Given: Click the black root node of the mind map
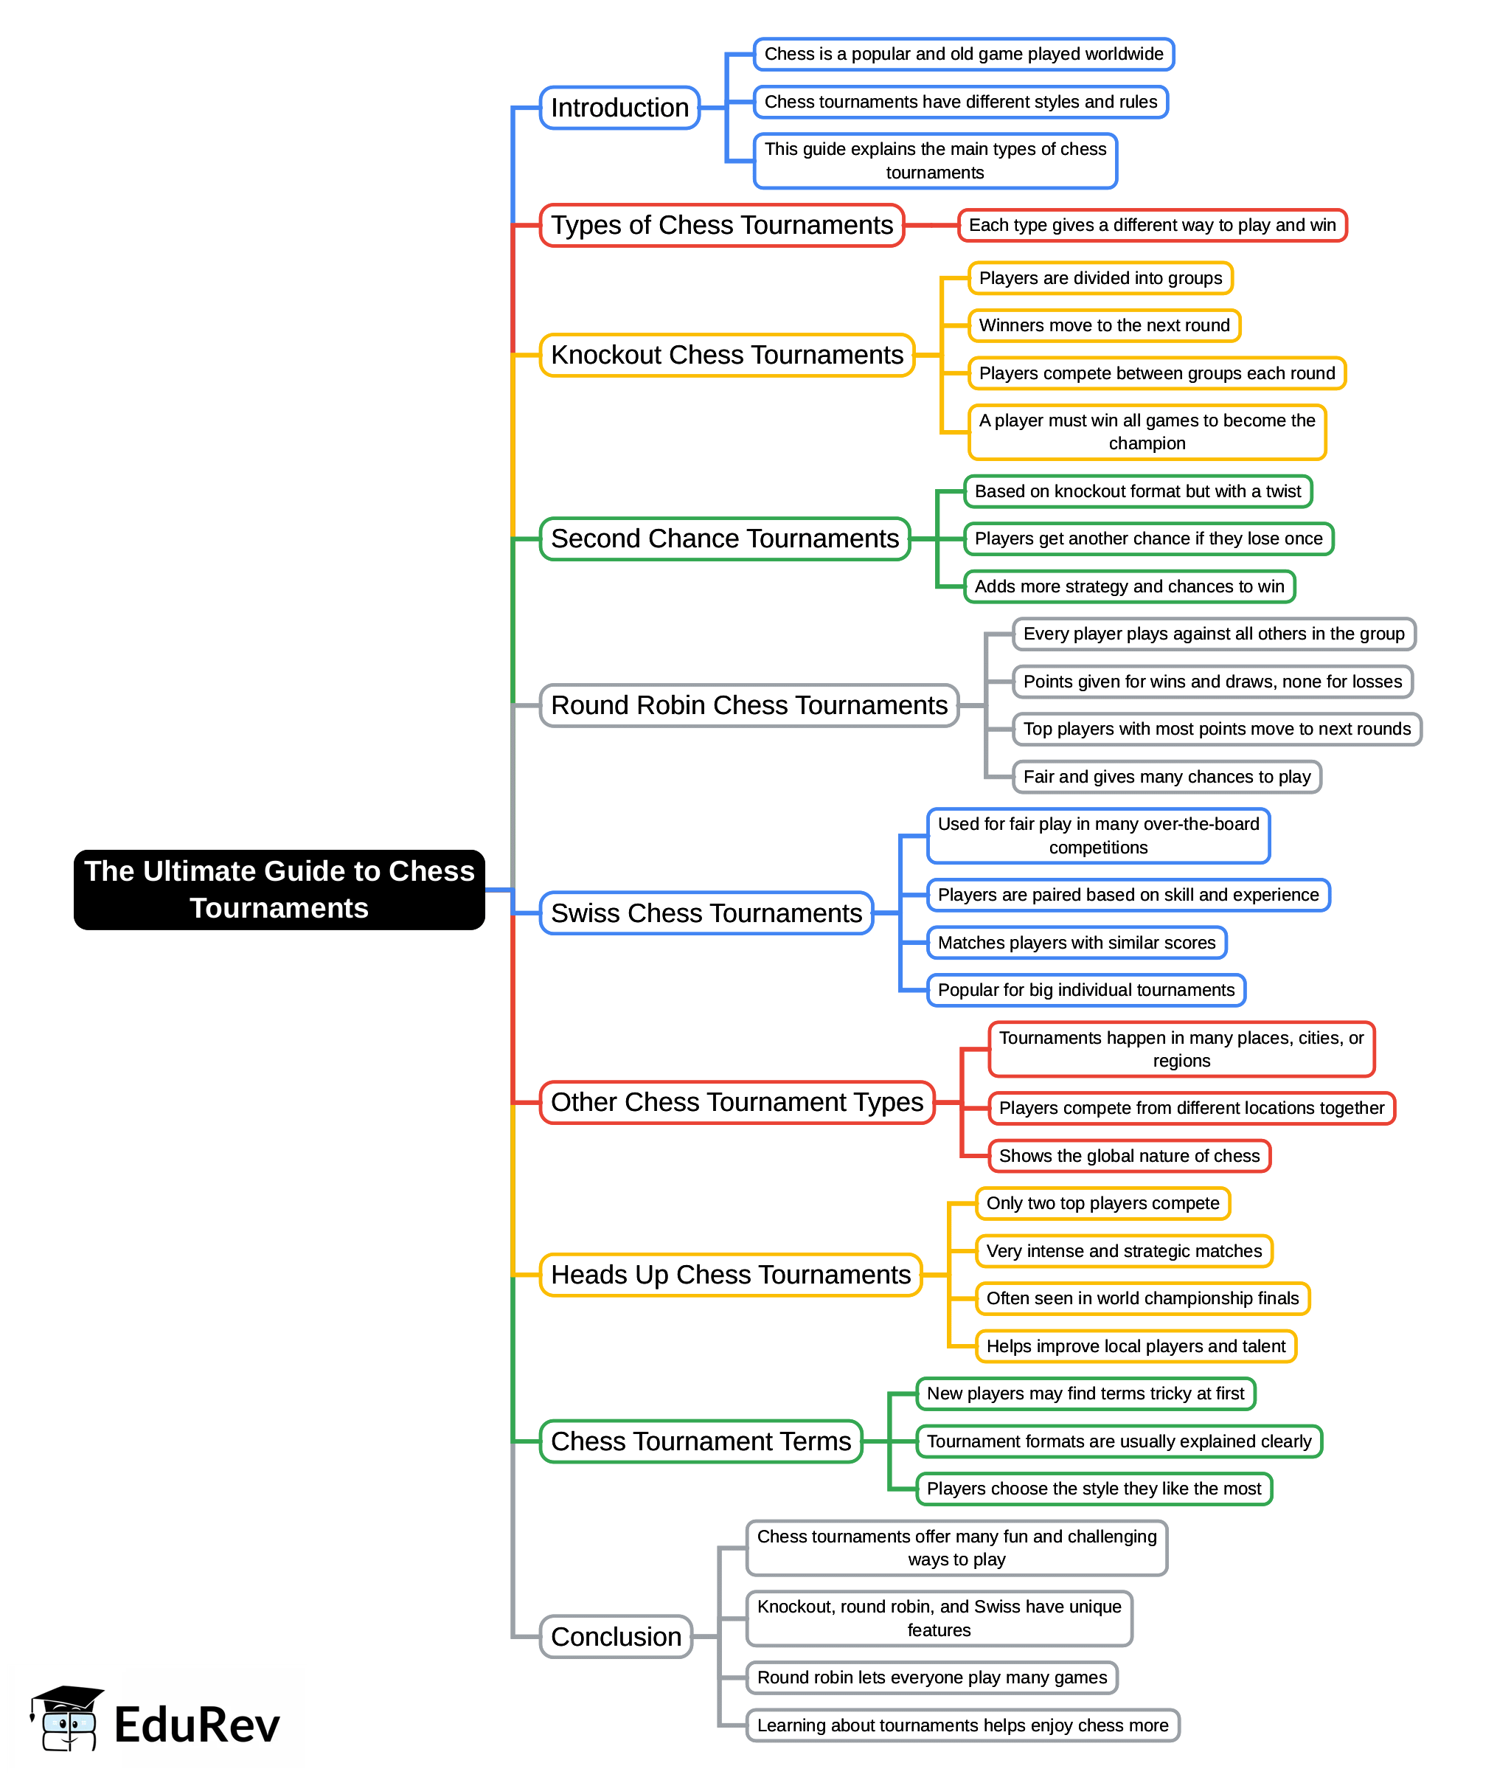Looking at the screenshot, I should pyautogui.click(x=279, y=889).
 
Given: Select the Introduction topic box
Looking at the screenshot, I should pyautogui.click(x=619, y=108).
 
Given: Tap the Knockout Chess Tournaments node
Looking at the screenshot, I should pyautogui.click(x=726, y=355).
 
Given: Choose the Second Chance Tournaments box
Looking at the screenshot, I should pyautogui.click(x=725, y=539).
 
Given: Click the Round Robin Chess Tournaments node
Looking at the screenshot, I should pyautogui.click(x=748, y=705).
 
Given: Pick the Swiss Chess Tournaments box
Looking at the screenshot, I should pyautogui.click(x=706, y=913).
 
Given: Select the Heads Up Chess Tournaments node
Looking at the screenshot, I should pyautogui.click(x=730, y=1275).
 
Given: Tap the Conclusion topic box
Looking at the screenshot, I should pyautogui.click(x=616, y=1637).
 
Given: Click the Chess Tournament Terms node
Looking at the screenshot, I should pyautogui.click(x=701, y=1441).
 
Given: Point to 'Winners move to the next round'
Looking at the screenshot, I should pyautogui.click(x=1104, y=326).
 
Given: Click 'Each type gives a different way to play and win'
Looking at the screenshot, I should pyautogui.click(x=1152, y=226).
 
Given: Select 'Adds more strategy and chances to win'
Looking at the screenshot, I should pyautogui.click(x=1129, y=586).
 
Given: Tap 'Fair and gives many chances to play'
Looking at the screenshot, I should pyautogui.click(x=1166, y=777).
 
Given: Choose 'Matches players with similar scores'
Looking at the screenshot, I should pyautogui.click(x=1076, y=943).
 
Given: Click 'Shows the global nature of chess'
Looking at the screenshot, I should pyautogui.click(x=1129, y=1156).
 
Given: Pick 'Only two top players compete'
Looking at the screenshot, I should pyautogui.click(x=1102, y=1204).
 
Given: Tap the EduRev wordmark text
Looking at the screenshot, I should pyautogui.click(x=197, y=1725).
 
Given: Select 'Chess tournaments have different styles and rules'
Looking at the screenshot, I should pyautogui.click(x=960, y=103).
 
